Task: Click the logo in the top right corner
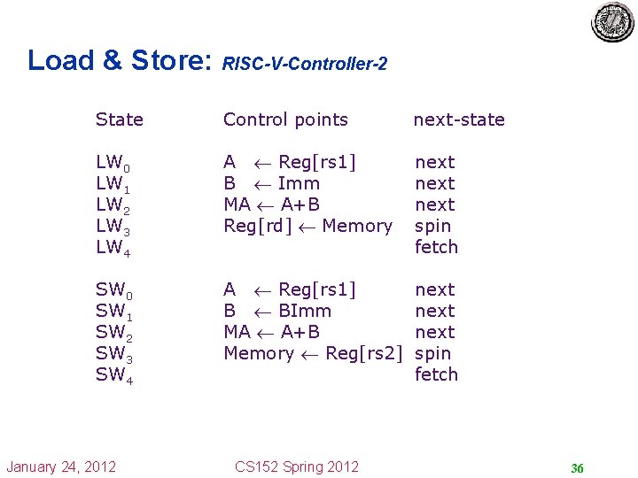613,22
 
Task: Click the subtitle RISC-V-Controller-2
305,65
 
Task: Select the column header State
119,119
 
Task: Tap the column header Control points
285,119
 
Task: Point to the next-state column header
459,119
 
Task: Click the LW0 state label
113,163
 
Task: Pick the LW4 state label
113,248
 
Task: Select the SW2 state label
113,333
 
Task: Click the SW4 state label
113,375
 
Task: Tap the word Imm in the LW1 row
299,183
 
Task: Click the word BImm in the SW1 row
304,311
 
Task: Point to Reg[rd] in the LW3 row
258,227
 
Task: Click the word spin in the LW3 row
433,227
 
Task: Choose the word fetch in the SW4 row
436,374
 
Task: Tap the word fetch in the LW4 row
436,247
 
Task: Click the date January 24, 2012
61,466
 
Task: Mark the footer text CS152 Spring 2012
297,466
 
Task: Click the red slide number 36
577,468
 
